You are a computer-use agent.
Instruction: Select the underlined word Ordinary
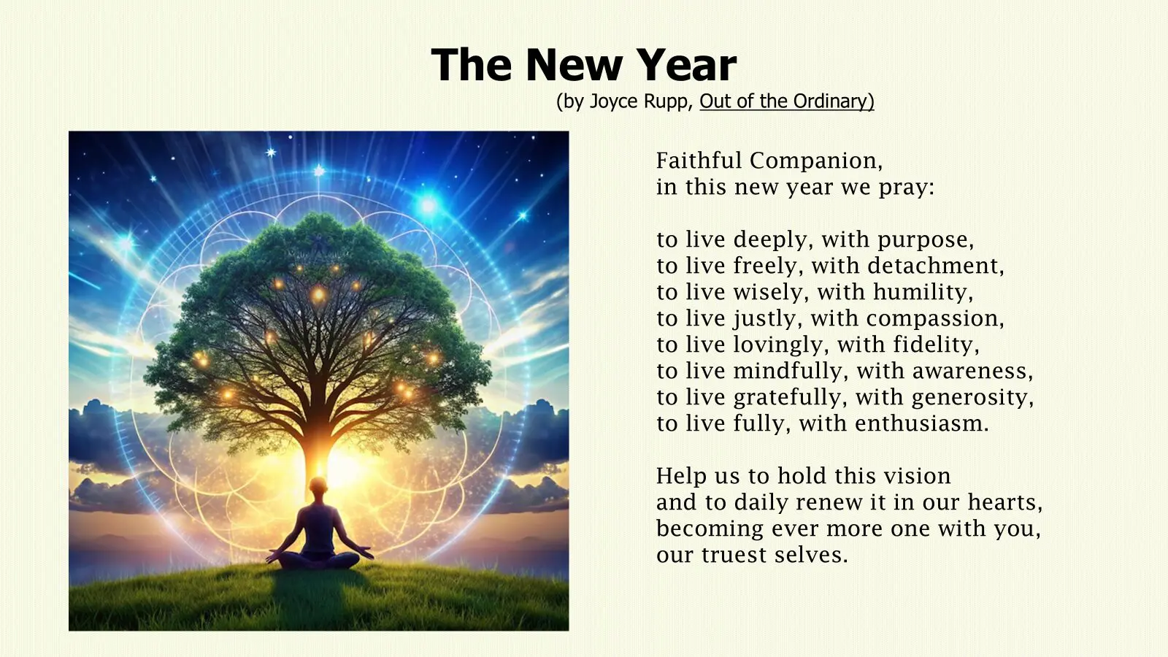[x=829, y=101]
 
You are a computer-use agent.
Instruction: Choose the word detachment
[x=933, y=266]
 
